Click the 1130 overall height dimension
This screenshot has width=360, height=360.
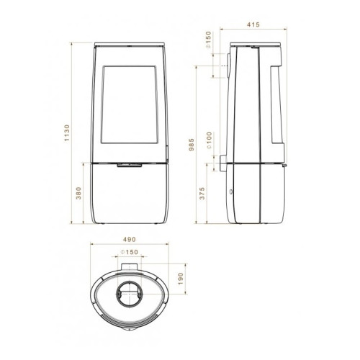coord(67,132)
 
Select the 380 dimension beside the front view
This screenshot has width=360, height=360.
coord(78,193)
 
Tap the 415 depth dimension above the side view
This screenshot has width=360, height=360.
coord(253,24)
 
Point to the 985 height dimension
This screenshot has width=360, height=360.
coord(192,145)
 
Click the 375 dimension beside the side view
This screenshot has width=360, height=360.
coord(202,194)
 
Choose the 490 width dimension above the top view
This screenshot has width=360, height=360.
coord(130,239)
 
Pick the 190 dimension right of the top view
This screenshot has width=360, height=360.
coord(181,279)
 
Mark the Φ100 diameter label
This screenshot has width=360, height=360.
coord(209,140)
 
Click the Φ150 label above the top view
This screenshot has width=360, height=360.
coord(130,252)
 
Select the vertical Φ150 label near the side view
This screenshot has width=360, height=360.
coord(208,40)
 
